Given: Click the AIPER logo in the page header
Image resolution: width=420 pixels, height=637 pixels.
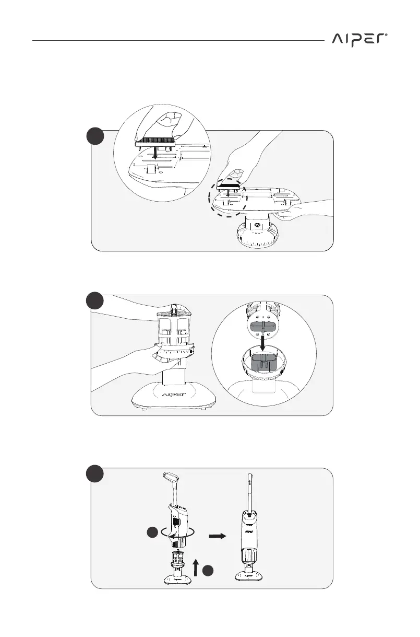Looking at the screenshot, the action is click(359, 40).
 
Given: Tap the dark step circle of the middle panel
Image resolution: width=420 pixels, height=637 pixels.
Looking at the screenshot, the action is click(96, 302).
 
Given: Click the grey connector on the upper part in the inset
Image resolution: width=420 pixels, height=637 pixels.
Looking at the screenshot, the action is click(262, 326).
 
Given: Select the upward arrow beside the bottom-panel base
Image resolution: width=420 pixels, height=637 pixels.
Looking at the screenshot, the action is click(196, 566).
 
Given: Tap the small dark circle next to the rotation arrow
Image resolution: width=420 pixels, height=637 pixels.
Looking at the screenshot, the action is click(152, 533).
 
